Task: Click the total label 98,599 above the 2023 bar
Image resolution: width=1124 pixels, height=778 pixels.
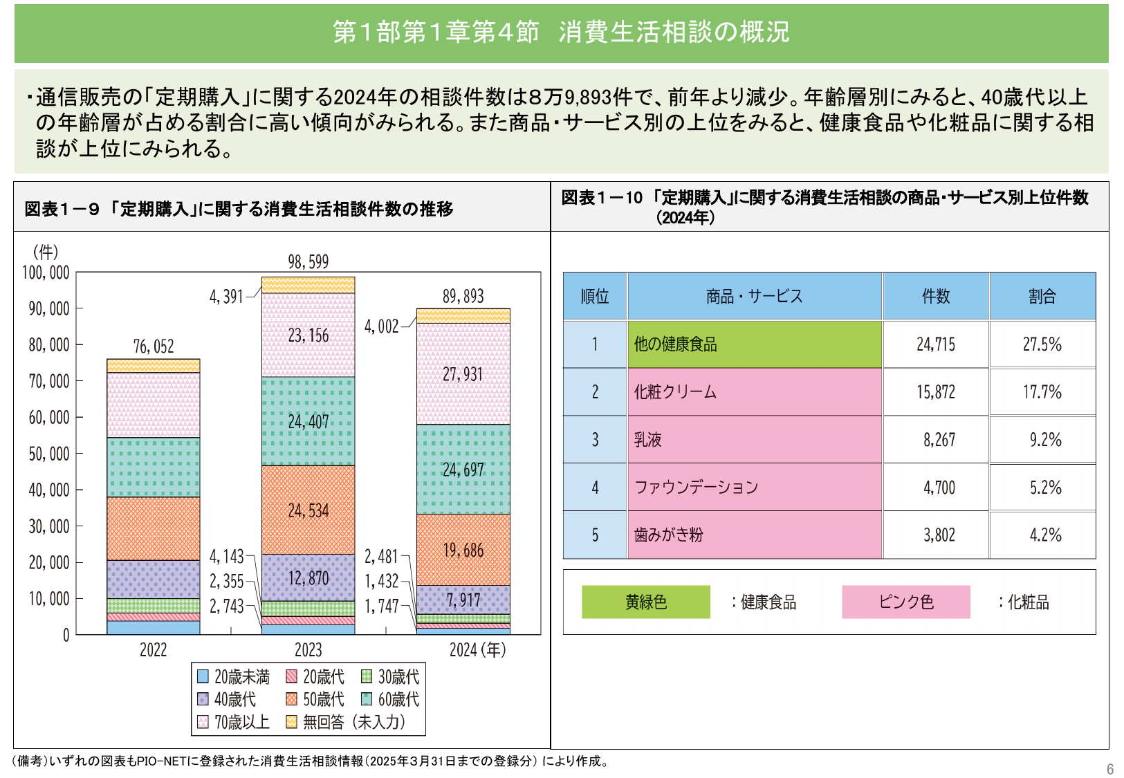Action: [308, 262]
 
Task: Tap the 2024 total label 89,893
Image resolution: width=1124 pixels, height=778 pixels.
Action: [463, 297]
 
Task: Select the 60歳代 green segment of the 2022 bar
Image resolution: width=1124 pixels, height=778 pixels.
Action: [154, 467]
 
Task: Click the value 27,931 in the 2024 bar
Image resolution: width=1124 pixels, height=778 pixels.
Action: [463, 374]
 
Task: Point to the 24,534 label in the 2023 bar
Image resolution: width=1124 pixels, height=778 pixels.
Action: [308, 511]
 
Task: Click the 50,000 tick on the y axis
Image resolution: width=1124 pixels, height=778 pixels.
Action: [48, 454]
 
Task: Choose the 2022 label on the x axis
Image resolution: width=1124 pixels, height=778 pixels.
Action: [153, 650]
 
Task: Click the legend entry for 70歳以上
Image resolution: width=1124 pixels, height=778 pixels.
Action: [234, 722]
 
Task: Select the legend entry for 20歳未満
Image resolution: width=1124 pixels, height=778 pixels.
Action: [234, 676]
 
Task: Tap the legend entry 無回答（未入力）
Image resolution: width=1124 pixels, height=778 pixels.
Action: [346, 722]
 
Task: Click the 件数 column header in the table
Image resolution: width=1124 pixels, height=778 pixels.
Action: [936, 297]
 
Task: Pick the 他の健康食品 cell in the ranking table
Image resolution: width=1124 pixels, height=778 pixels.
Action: [754, 344]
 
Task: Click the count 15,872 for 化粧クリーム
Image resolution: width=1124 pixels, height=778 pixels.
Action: [936, 392]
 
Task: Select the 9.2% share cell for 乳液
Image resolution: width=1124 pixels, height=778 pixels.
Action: [1043, 440]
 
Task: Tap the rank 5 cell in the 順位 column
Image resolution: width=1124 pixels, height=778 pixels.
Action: [595, 535]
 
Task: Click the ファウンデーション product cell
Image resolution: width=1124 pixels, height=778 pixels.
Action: [754, 488]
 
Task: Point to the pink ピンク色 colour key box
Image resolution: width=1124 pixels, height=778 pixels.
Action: [905, 602]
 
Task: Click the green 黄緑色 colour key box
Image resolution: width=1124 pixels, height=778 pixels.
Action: [645, 602]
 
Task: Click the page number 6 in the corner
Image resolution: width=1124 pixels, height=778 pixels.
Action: [1110, 769]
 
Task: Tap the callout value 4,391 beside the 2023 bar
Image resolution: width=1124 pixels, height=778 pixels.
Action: [226, 297]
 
